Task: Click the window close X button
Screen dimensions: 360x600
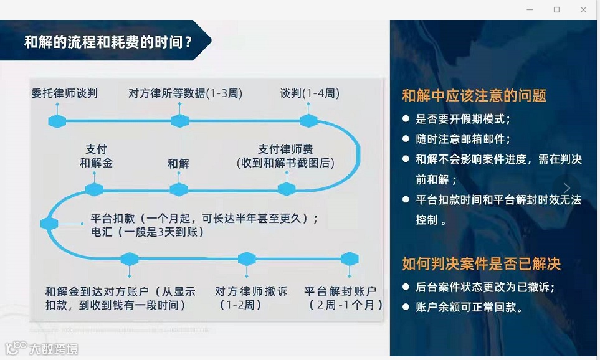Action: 584,9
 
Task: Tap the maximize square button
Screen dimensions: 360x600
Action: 556,9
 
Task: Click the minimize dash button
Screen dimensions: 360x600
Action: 530,9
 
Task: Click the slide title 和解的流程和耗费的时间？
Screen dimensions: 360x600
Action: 108,42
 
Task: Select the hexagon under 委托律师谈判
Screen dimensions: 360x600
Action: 57,120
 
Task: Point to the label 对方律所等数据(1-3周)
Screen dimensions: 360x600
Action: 185,93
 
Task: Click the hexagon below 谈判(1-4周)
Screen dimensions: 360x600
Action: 308,120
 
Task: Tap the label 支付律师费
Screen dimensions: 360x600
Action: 285,149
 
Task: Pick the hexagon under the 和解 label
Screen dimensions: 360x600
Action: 179,189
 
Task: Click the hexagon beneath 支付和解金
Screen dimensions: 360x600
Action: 95,189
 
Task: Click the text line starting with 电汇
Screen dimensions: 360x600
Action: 147,232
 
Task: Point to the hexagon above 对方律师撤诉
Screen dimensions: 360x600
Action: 247,258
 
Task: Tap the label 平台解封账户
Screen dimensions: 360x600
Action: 340,291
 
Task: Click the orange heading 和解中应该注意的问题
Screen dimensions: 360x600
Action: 474,95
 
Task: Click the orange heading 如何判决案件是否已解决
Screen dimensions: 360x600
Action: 481,263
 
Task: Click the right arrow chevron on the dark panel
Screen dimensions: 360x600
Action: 566,188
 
